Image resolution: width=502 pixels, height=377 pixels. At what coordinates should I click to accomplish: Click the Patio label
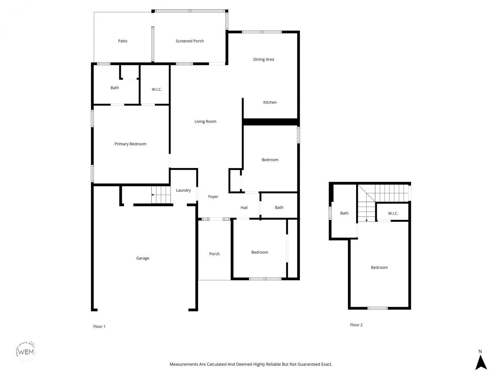click(123, 41)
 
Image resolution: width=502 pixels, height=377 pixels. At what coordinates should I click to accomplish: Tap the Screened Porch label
click(190, 41)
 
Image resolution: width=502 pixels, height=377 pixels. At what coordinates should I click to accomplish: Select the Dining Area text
click(264, 60)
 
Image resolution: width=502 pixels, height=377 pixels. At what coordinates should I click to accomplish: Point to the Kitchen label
click(270, 102)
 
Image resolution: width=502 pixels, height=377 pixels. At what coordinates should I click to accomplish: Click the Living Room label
click(206, 122)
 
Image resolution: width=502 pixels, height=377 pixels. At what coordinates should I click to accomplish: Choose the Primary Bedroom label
click(130, 144)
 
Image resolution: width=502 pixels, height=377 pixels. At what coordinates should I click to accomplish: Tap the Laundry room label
click(183, 190)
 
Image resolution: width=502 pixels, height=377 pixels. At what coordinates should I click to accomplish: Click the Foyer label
click(213, 197)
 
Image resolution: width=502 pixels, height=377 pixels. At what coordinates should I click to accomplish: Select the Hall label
click(244, 208)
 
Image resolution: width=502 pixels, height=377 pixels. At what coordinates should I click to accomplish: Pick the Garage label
click(143, 258)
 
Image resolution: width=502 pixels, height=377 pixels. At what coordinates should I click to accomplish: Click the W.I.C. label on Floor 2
click(393, 214)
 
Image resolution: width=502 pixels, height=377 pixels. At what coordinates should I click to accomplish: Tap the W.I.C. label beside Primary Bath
click(157, 90)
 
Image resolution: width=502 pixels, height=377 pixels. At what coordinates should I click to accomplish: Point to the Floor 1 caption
click(99, 327)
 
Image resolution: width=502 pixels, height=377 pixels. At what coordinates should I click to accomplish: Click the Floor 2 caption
click(356, 325)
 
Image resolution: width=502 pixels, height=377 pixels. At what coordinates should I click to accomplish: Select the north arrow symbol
click(481, 362)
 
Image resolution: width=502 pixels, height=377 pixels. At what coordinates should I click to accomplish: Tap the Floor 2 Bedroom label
click(379, 268)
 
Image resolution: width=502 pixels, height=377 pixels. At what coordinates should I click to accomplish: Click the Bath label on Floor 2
click(344, 213)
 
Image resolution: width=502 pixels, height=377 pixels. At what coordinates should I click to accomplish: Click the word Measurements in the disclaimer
click(184, 364)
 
